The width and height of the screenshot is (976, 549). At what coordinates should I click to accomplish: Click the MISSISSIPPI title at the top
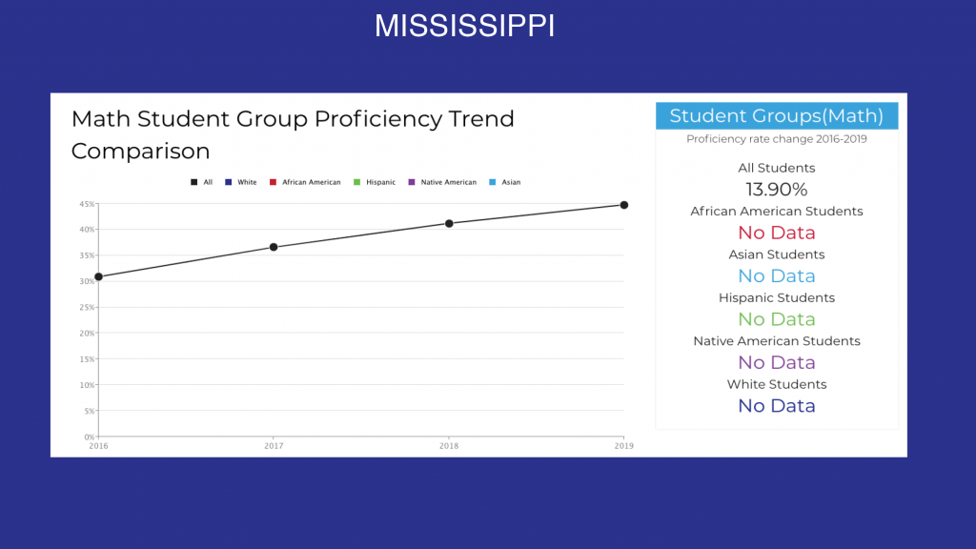[x=464, y=26]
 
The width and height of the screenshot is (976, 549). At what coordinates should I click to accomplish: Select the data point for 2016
[x=98, y=276]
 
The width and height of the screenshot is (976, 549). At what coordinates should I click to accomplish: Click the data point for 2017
[x=274, y=247]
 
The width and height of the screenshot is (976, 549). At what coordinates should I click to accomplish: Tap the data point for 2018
[x=449, y=223]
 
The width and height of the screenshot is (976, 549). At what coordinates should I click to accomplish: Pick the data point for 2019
[x=623, y=205]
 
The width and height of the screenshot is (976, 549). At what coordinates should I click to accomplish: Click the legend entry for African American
[x=305, y=182]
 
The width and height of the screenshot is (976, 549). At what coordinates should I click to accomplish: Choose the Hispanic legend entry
[x=374, y=182]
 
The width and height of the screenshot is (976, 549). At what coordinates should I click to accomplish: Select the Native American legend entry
[x=442, y=182]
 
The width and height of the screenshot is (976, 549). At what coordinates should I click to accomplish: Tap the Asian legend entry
[x=505, y=182]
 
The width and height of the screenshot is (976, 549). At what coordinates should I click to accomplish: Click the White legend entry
[x=241, y=182]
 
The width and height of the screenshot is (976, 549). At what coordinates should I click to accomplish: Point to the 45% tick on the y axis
[x=87, y=204]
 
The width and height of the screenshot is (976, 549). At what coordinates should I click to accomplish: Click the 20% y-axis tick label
[x=87, y=333]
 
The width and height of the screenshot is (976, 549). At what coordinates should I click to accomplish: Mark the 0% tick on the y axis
[x=89, y=437]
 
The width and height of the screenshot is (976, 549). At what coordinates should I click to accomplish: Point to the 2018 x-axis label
[x=449, y=446]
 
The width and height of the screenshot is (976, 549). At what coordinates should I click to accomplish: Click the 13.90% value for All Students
[x=776, y=190]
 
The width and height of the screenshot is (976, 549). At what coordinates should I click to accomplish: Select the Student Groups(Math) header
[x=777, y=115]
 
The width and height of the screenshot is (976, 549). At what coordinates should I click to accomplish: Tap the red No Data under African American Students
[x=776, y=233]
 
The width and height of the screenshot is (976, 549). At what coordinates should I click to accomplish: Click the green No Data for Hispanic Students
[x=776, y=318]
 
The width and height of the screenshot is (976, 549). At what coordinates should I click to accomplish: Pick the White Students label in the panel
[x=776, y=384]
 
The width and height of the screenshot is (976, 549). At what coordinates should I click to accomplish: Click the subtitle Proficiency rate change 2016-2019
[x=776, y=139]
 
